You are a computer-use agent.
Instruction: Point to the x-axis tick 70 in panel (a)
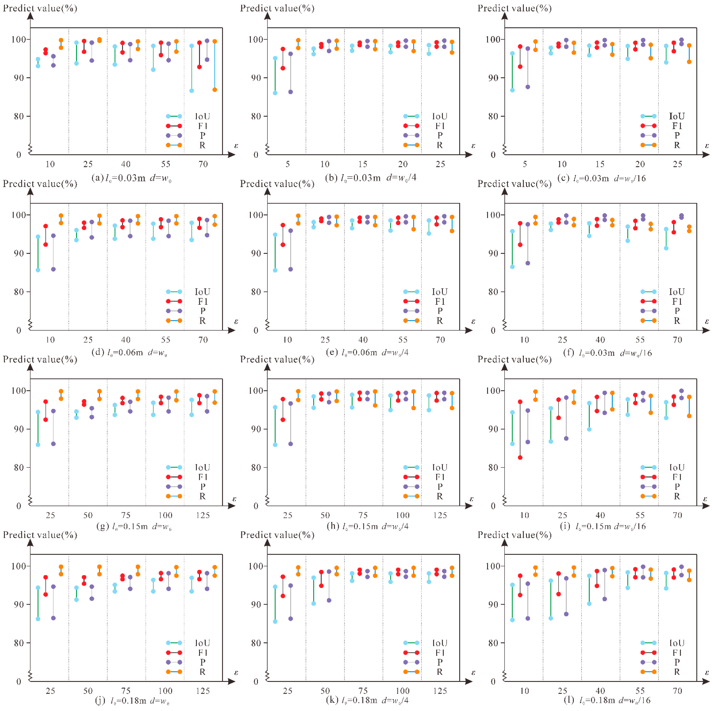pyautogui.click(x=203, y=164)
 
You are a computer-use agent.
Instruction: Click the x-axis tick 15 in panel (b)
pyautogui.click(x=363, y=164)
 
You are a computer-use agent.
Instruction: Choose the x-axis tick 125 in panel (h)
pyautogui.click(x=440, y=515)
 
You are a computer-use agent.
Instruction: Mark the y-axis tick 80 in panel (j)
pyautogui.click(x=19, y=643)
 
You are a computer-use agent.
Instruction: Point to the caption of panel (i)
pyautogui.click(x=605, y=526)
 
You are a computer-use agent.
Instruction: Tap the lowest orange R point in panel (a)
pyautogui.click(x=215, y=90)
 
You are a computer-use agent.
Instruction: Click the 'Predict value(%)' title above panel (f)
pyautogui.click(x=514, y=184)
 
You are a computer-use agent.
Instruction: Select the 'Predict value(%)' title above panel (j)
pyautogui.click(x=40, y=535)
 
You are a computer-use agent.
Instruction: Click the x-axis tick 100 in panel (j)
pyautogui.click(x=165, y=691)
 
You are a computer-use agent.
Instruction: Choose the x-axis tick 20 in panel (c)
pyautogui.click(x=640, y=164)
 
